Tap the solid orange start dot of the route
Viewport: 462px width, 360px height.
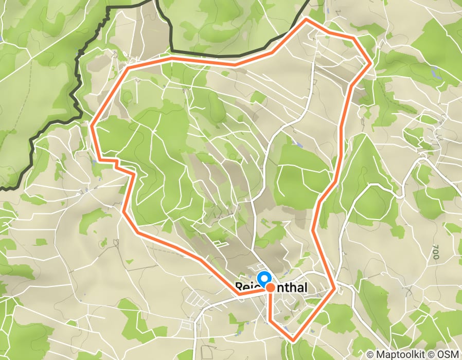point(270,289)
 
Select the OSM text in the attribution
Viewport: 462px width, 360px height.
point(448,354)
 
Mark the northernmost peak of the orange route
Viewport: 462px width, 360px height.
point(307,19)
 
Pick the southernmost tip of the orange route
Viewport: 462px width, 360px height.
point(293,340)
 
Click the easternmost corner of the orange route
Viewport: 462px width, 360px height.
point(371,63)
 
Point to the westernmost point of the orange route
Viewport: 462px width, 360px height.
point(92,125)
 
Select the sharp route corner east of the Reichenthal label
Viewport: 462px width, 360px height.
point(335,289)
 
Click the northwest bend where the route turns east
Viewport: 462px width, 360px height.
point(129,68)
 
